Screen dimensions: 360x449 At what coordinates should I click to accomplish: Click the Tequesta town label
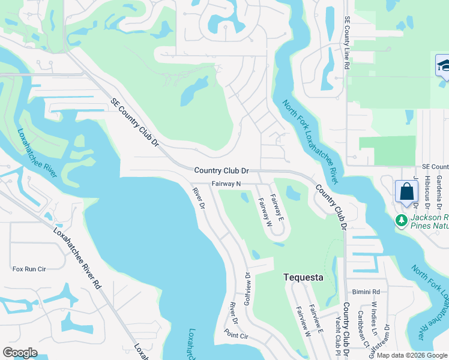tap(303, 278)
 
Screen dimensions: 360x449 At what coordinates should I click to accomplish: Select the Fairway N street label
tap(226, 184)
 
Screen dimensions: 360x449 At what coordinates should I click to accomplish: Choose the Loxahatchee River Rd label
tap(76, 259)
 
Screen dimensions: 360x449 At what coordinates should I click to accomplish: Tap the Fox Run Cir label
tap(29, 269)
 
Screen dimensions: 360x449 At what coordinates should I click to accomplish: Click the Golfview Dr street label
tap(247, 287)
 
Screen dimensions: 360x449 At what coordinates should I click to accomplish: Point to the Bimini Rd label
tap(367, 292)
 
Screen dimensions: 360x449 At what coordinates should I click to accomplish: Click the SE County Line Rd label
tap(347, 43)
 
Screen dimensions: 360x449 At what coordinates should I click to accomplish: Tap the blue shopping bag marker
tap(406, 192)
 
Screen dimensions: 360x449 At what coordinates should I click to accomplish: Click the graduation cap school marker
tap(444, 65)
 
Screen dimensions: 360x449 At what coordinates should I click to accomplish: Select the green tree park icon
tap(401, 221)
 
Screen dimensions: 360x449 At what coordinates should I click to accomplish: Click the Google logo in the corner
tap(20, 353)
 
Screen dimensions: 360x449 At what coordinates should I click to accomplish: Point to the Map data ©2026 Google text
tap(411, 355)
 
